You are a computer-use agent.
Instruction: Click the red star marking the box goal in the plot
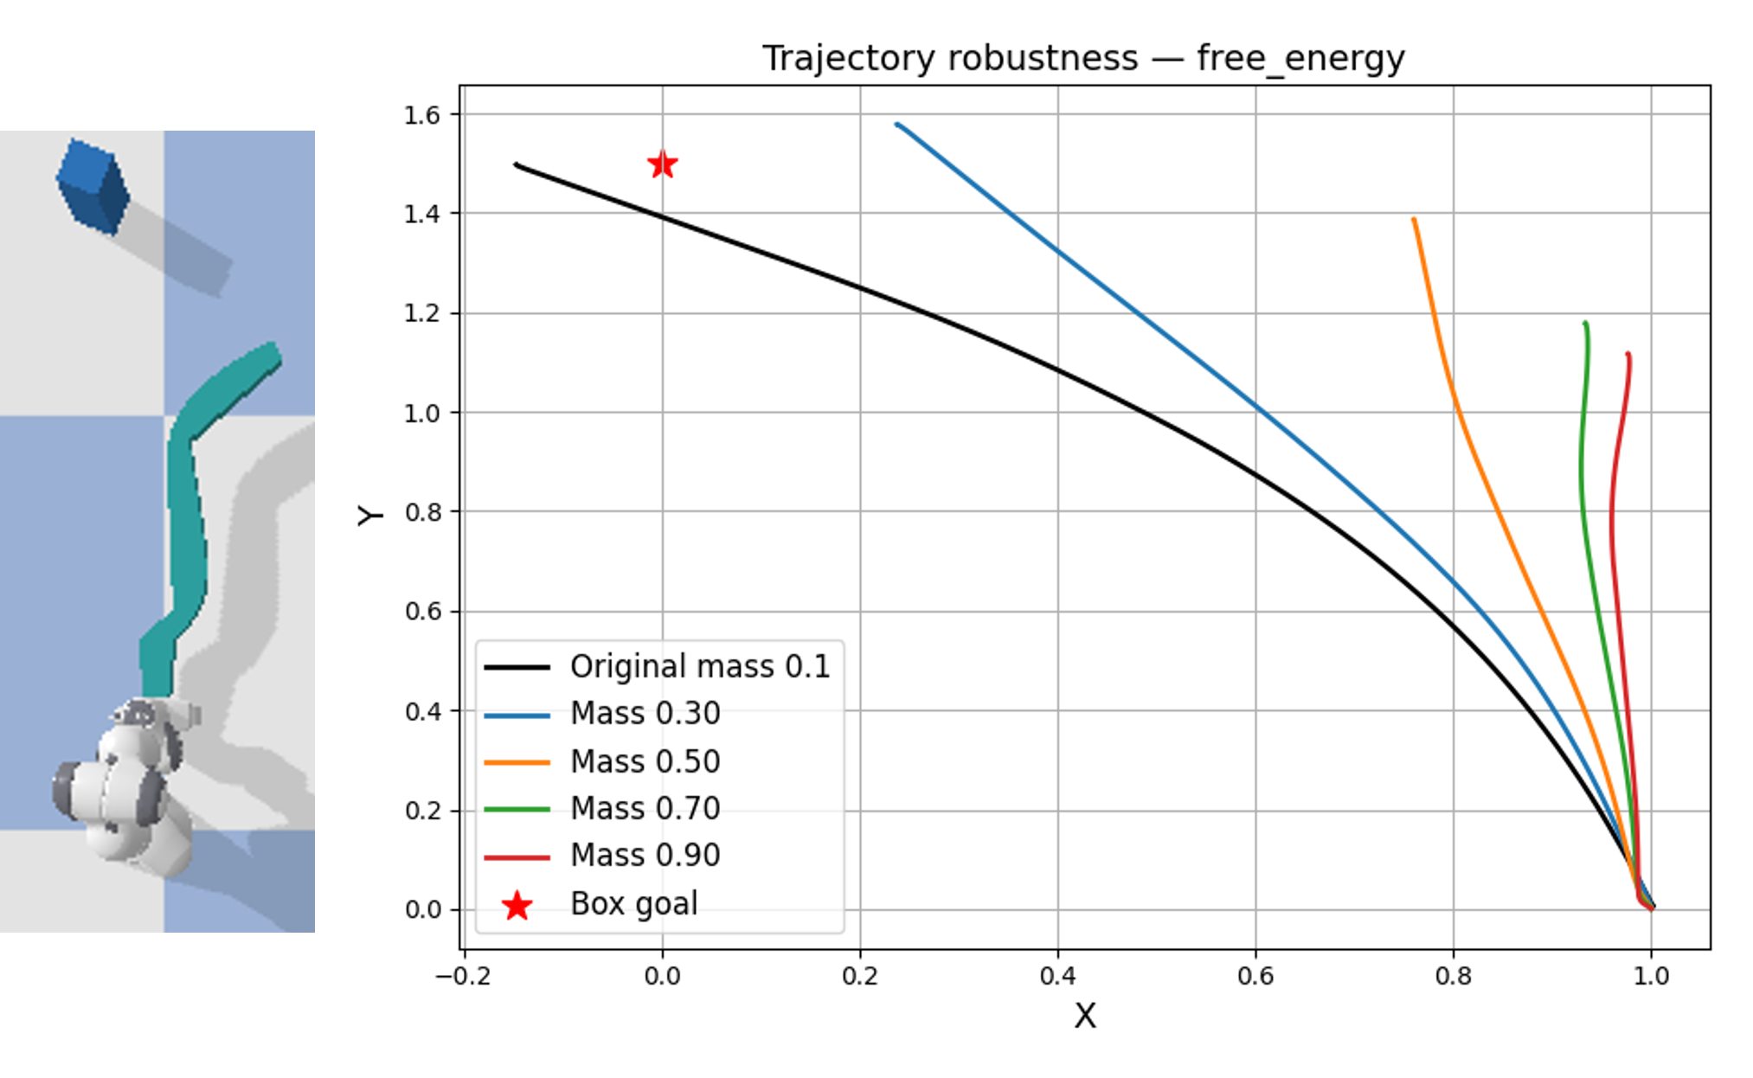click(x=662, y=164)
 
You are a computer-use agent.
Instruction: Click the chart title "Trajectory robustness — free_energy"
click(x=1083, y=59)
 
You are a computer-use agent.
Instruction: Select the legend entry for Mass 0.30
click(x=645, y=714)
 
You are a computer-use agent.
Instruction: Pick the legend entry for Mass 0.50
click(x=645, y=761)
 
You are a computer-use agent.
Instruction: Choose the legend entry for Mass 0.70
click(x=645, y=808)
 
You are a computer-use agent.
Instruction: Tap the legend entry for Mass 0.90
click(x=645, y=855)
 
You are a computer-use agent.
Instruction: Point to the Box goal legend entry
click(x=633, y=903)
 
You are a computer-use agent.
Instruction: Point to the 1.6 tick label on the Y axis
click(x=421, y=115)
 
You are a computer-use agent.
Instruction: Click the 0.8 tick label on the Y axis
click(x=421, y=512)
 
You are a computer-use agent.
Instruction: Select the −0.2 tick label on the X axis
click(x=463, y=977)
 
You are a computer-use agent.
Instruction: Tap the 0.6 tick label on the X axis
click(x=1255, y=977)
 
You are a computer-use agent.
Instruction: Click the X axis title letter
click(x=1084, y=1016)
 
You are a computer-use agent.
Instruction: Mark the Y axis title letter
click(x=370, y=516)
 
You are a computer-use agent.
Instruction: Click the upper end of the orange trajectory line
click(x=1414, y=220)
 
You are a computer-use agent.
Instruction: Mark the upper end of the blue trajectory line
click(x=897, y=125)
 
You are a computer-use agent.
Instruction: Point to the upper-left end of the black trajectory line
click(x=517, y=164)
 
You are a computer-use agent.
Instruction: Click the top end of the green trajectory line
click(x=1585, y=324)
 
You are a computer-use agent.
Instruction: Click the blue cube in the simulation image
click(x=93, y=186)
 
